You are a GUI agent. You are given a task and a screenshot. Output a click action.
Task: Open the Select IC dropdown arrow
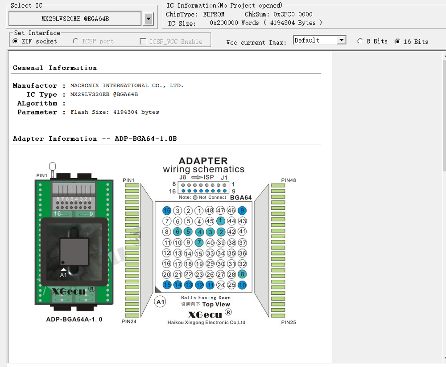[149, 19]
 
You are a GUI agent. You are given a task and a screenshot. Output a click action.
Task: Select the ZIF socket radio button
[16, 41]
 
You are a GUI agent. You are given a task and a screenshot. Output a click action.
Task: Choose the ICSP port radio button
[76, 41]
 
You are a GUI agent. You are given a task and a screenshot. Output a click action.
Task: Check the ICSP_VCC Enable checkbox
[143, 41]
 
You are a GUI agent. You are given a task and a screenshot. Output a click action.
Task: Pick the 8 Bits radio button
[360, 41]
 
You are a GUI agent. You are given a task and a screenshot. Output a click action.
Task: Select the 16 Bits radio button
[397, 41]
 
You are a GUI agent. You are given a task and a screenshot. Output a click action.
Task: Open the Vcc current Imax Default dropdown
[342, 41]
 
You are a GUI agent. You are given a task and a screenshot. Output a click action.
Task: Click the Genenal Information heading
[55, 68]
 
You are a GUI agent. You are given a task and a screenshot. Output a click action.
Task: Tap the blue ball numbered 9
[242, 211]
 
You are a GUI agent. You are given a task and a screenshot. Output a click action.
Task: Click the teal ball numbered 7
[199, 242]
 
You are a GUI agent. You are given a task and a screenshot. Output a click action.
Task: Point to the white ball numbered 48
[210, 211]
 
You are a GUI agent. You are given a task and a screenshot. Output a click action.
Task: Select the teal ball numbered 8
[242, 274]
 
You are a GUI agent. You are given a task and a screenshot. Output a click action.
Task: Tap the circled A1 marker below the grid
[160, 302]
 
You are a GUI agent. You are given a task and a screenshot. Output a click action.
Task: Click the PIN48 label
[289, 180]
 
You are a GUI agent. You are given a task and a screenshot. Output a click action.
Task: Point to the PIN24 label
[129, 322]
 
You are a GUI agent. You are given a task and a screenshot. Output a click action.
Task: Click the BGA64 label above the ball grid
[241, 197]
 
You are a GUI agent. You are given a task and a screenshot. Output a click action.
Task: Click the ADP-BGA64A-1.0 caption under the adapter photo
[74, 319]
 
